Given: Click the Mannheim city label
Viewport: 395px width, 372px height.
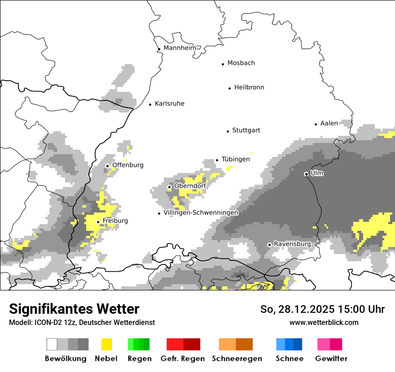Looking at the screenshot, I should pos(180,48).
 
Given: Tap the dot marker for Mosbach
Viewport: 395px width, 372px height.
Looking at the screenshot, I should pos(223,64).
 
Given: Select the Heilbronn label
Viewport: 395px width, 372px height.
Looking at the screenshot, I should pos(249,87).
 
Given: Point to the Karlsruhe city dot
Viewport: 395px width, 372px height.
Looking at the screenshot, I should pos(150,104).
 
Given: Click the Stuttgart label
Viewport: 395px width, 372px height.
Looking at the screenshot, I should pos(246,130).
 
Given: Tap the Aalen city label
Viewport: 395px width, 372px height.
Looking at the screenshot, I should pos(329,123).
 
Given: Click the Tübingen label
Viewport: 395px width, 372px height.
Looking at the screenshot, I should pos(236,159).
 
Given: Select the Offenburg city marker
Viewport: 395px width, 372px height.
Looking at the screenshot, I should pos(107,166).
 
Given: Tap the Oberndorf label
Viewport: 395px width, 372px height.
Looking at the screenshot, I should pos(190,186).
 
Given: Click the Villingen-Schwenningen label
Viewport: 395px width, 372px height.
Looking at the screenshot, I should pos(201,213).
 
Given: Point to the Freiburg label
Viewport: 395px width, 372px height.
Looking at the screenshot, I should pos(115,221).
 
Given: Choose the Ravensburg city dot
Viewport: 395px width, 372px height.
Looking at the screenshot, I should pos(269,245).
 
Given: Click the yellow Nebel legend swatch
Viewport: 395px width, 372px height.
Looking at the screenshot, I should pos(106,344).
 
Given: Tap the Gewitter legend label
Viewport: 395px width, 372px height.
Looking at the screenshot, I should pos(331,359).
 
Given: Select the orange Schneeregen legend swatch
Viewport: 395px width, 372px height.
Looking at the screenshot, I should pos(236,344).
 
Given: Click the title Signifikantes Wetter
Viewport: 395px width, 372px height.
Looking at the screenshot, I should pos(74,309).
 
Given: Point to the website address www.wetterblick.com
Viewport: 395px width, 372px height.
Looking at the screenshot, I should pos(324,322).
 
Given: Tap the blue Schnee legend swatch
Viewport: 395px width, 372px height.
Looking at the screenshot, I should pos(289,344).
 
